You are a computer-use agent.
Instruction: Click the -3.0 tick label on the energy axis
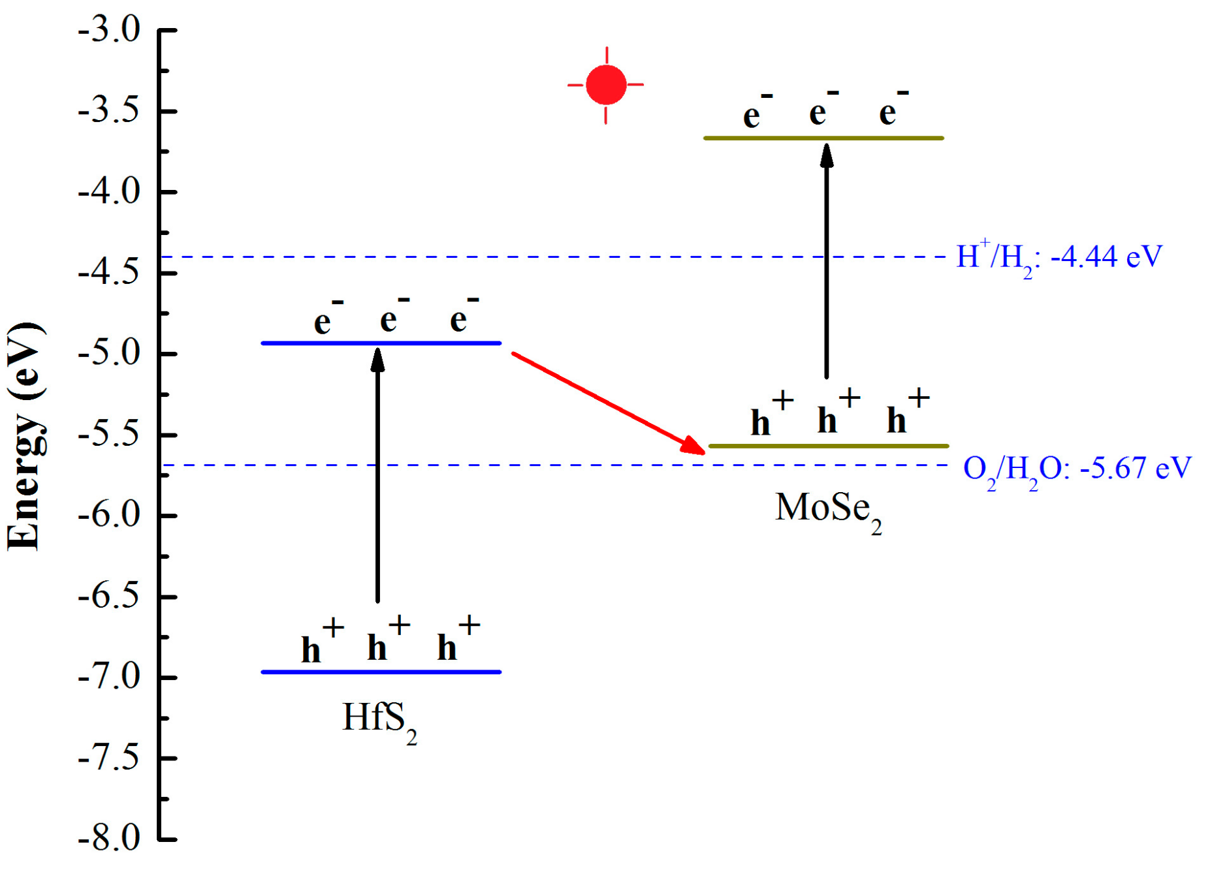point(109,30)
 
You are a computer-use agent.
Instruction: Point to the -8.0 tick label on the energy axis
point(109,838)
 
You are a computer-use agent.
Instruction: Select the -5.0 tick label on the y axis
point(109,354)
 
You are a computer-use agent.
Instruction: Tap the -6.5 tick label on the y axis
point(109,597)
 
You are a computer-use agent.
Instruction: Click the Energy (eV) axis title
point(25,436)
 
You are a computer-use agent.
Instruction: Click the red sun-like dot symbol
point(605,85)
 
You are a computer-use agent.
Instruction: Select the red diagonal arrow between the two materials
point(607,402)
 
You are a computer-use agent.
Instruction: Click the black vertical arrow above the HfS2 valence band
point(377,476)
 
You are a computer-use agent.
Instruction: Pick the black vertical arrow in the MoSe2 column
point(826,261)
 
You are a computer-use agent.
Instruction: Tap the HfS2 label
point(379,719)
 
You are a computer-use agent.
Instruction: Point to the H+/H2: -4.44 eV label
point(1059,257)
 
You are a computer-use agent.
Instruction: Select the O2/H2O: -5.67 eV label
point(1077,469)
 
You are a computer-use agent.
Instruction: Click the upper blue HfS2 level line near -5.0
point(381,343)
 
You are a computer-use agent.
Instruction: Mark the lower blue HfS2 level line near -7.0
point(381,672)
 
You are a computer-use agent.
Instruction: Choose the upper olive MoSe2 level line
point(823,138)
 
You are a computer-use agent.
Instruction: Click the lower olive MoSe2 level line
point(828,446)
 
